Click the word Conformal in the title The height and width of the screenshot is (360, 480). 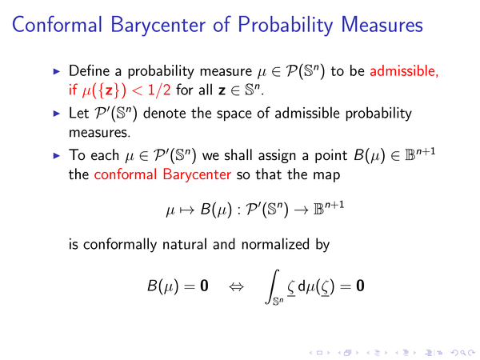pos(57,25)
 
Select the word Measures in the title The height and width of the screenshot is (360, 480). pos(382,25)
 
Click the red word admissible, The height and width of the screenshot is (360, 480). pos(404,71)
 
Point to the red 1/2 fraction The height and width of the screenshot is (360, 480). pos(159,90)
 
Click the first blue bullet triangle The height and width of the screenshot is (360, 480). pos(57,72)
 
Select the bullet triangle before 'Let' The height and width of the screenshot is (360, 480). pos(57,114)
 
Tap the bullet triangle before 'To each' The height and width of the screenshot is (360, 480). pos(57,156)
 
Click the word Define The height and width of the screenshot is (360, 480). pos(89,71)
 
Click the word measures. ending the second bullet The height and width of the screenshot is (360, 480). pos(99,133)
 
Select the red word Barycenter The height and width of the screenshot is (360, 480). pos(197,175)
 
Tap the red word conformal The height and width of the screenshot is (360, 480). pos(126,174)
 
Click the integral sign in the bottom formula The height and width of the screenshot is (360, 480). pos(272,286)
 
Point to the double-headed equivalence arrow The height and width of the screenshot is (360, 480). pos(236,287)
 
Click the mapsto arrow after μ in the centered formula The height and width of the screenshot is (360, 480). pos(186,210)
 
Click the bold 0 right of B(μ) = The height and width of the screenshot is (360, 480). pos(204,286)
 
